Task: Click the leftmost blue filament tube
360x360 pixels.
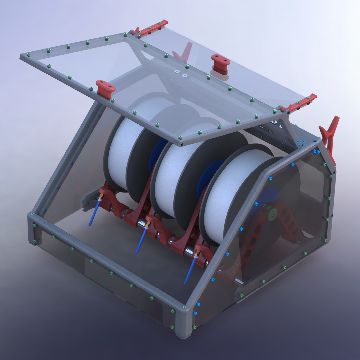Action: coord(94,213)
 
